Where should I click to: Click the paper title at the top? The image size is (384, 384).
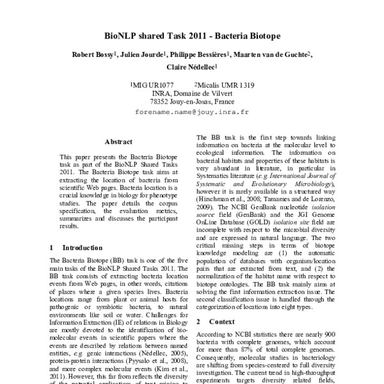(x=192, y=36)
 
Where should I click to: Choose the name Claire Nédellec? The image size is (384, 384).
(x=191, y=67)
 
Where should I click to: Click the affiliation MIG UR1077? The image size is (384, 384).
(x=152, y=84)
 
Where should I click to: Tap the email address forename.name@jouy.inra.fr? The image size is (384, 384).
(x=192, y=111)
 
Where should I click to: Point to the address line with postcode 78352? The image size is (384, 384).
(x=192, y=101)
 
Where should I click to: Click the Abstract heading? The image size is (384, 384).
(x=118, y=141)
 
